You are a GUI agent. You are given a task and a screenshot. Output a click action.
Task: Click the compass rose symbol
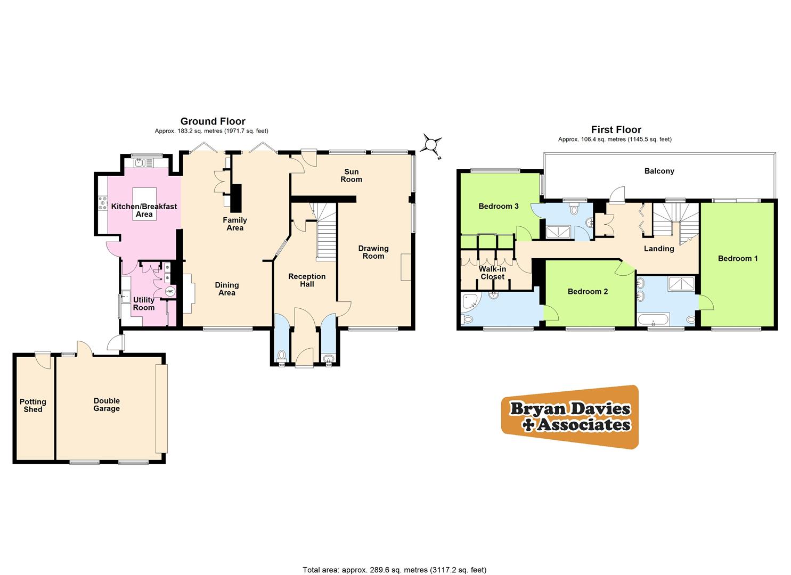tap(432, 144)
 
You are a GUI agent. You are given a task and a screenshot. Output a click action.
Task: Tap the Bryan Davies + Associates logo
tap(570, 417)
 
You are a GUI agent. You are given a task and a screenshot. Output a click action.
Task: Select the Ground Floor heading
tap(213, 121)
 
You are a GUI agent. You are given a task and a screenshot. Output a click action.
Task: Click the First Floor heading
tap(616, 129)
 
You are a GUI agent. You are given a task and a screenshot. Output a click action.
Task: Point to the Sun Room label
tap(352, 175)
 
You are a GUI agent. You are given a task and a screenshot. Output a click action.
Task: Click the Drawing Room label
tap(373, 252)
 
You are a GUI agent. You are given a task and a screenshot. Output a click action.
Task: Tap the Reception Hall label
tap(307, 280)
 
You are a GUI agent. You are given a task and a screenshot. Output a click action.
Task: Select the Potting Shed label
tap(33, 405)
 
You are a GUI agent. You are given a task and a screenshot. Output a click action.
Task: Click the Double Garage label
tap(107, 405)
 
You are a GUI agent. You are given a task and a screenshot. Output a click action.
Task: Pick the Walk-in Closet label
tap(492, 273)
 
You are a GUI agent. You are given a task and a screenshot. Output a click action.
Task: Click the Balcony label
tap(659, 171)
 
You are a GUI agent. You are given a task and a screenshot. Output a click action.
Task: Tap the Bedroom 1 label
tap(738, 258)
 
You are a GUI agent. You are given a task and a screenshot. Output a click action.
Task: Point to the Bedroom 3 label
tap(499, 206)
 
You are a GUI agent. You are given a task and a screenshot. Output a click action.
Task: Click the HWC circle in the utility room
tap(170, 291)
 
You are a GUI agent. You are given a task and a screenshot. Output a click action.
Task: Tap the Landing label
tap(659, 248)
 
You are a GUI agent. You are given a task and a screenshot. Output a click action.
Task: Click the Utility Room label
tap(144, 303)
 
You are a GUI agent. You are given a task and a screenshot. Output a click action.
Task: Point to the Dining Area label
tap(227, 289)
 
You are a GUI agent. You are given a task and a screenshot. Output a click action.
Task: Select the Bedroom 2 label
tap(588, 291)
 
